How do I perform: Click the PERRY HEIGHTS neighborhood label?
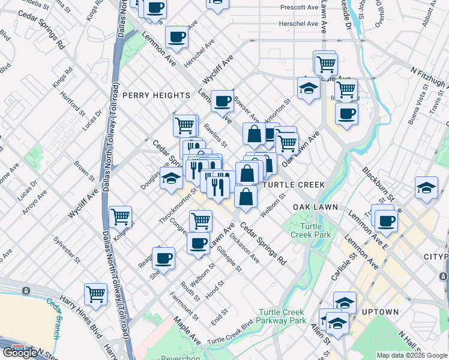156,95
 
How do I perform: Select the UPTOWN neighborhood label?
380,313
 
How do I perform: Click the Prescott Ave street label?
299,8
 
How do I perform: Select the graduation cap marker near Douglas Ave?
171,179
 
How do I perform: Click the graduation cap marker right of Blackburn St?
426,188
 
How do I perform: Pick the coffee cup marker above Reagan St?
163,258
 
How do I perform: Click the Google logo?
20,353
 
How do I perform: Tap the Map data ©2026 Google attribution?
411,355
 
